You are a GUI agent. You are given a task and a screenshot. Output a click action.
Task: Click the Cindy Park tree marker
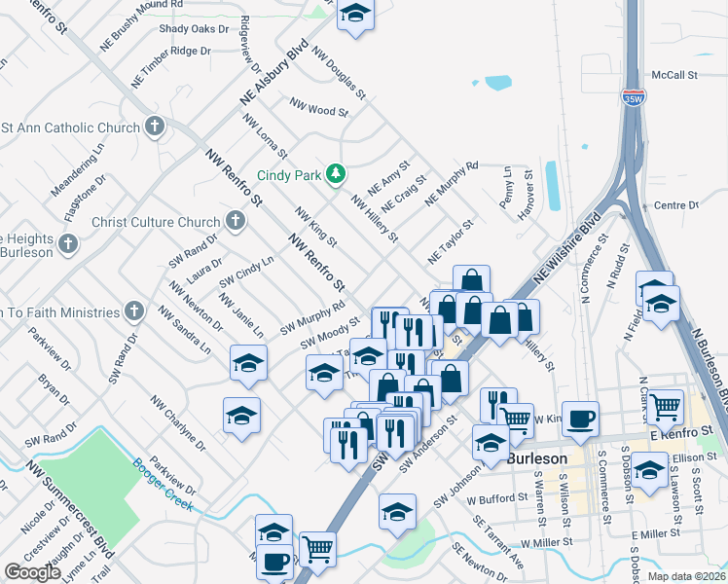(336, 173)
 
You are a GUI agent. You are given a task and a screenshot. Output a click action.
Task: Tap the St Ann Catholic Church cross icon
(154, 127)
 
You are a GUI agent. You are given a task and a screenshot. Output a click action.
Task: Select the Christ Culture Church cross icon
(235, 221)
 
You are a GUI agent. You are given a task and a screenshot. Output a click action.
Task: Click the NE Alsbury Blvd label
(274, 73)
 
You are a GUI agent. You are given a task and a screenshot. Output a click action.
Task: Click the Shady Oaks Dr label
(186, 29)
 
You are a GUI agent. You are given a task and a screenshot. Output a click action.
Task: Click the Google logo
(32, 572)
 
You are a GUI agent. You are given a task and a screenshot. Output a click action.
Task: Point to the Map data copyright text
(685, 576)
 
